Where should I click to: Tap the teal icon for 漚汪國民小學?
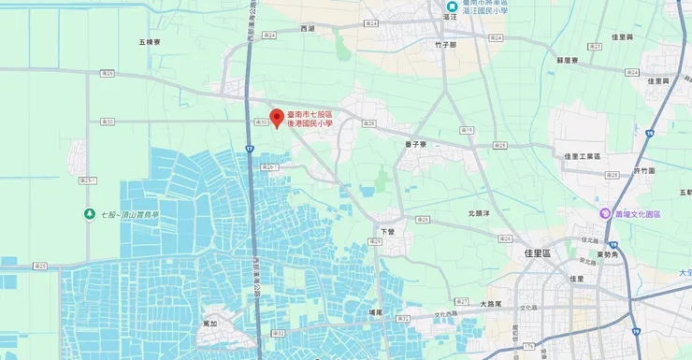(452, 6)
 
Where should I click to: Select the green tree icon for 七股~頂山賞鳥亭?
(89, 214)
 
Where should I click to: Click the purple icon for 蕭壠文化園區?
(605, 214)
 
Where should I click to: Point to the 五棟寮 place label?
(151, 42)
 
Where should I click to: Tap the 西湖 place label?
(308, 29)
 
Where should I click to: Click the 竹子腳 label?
(445, 44)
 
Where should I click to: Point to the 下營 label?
(389, 229)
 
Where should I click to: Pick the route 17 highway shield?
(250, 149)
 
